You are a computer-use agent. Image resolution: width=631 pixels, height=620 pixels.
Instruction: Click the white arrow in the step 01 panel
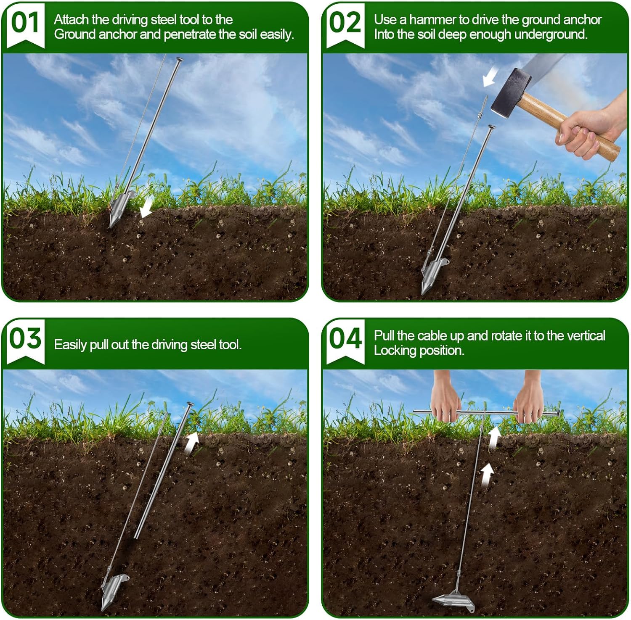pyautogui.click(x=146, y=208)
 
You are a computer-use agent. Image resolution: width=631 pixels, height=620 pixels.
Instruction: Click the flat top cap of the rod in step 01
pyautogui.click(x=180, y=60)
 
